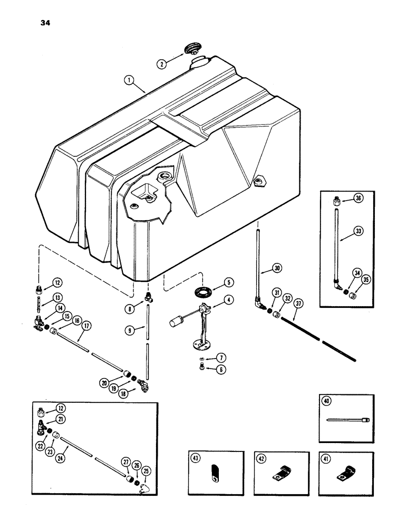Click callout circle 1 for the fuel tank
point(127,82)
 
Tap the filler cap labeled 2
point(191,50)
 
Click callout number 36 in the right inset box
point(359,199)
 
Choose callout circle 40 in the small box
point(327,403)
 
